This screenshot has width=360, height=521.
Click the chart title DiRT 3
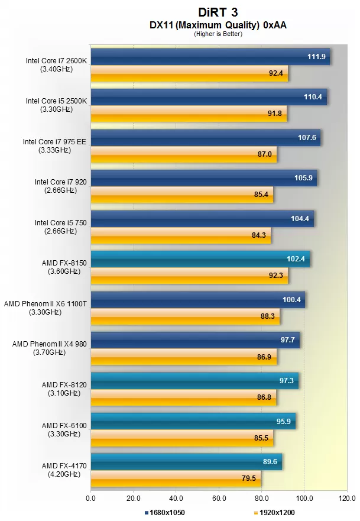click(218, 11)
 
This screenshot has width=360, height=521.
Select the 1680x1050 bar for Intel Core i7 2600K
click(210, 57)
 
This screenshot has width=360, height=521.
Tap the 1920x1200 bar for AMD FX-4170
click(176, 478)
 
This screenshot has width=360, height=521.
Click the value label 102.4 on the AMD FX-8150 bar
click(295, 258)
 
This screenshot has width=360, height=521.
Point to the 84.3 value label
click(259, 235)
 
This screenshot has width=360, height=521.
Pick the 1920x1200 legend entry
click(277, 512)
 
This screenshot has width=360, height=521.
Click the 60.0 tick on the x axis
click(219, 498)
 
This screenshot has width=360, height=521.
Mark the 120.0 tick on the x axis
click(347, 498)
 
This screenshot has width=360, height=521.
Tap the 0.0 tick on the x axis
click(90, 498)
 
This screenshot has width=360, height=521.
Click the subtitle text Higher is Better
click(218, 34)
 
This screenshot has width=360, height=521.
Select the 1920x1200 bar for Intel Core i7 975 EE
click(183, 154)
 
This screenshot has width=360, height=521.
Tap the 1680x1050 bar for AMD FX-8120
click(194, 381)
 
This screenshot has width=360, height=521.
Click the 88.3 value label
click(268, 316)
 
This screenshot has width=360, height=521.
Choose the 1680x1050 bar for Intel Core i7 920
click(203, 178)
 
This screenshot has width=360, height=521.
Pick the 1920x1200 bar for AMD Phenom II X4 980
click(183, 357)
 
